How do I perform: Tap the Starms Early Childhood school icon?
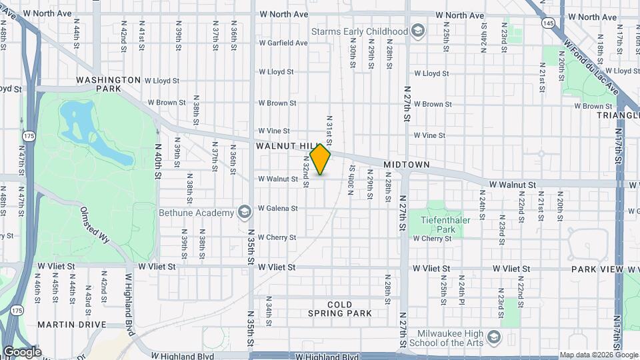coord(418,31)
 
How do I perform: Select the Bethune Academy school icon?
coord(244,213)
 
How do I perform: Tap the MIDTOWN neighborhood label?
coord(406,164)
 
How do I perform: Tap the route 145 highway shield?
coord(548,23)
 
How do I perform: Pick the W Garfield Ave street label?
coord(283,43)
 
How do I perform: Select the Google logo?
coord(22,352)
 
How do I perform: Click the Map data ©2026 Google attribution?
coord(598,355)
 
